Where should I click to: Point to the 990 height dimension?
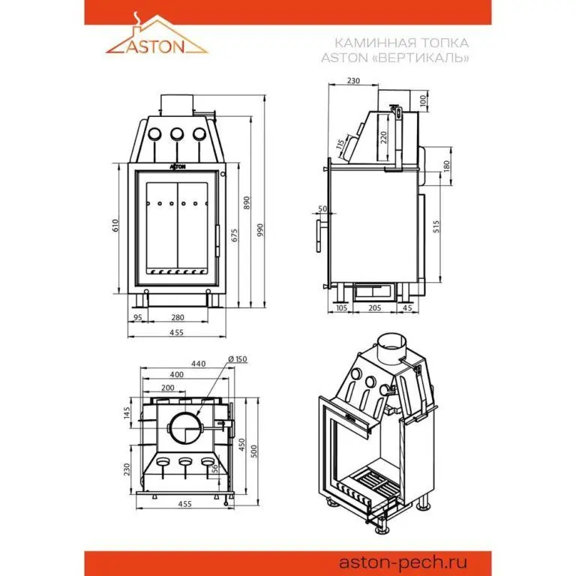pyautogui.click(x=260, y=229)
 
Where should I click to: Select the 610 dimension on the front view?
pyautogui.click(x=115, y=225)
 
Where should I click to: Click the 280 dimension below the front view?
pyautogui.click(x=178, y=317)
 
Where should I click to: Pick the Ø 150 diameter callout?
pyautogui.click(x=238, y=359)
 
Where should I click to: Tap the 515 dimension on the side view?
pyautogui.click(x=436, y=226)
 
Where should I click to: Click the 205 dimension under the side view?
pyautogui.click(x=375, y=307)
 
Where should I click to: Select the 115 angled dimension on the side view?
pyautogui.click(x=340, y=144)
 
